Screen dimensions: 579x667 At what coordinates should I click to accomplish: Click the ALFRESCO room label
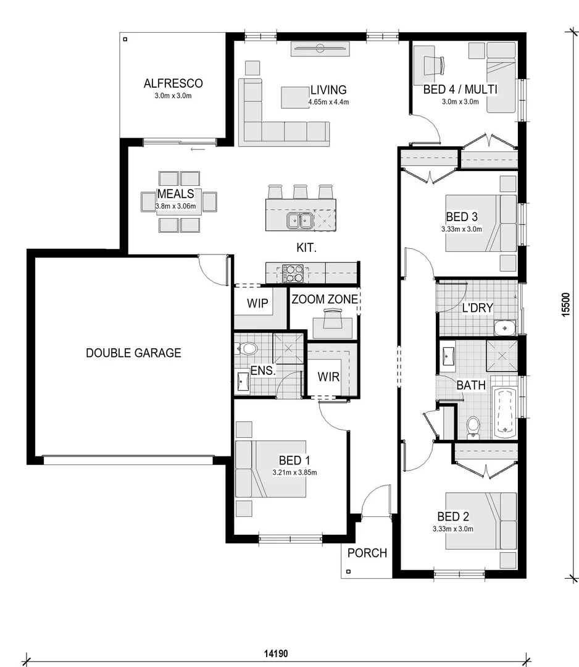coord(173,83)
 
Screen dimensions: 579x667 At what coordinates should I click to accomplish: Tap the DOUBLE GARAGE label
coord(133,353)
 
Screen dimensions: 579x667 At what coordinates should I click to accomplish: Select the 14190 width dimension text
coord(277,653)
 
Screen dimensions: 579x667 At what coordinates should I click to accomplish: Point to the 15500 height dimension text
coord(565,304)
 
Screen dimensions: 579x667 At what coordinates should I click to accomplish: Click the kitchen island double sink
coord(300,220)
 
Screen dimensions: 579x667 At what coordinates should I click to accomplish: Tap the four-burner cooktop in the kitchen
coord(293,274)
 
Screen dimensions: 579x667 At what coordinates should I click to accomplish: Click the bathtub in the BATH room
coord(504,413)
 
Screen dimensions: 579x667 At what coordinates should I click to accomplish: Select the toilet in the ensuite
coord(246,349)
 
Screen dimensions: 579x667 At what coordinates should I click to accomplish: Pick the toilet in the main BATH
coord(473,427)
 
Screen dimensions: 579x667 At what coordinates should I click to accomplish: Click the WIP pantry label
coord(257,303)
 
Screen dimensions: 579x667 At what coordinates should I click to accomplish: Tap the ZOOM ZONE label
coord(325,300)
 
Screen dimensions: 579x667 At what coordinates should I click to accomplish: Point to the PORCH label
coord(367,553)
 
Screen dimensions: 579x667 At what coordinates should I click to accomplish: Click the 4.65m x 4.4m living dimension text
coord(328,102)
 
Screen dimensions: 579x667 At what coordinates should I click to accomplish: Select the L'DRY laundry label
coord(477,308)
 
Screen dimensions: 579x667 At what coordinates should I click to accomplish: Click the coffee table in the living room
coord(295,98)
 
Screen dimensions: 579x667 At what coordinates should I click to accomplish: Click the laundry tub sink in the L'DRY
coord(504,328)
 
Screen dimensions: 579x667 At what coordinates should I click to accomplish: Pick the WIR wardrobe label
coord(328,377)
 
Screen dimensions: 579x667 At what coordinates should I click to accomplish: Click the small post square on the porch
coord(348,571)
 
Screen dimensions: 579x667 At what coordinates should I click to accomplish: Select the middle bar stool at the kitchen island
coord(300,191)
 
